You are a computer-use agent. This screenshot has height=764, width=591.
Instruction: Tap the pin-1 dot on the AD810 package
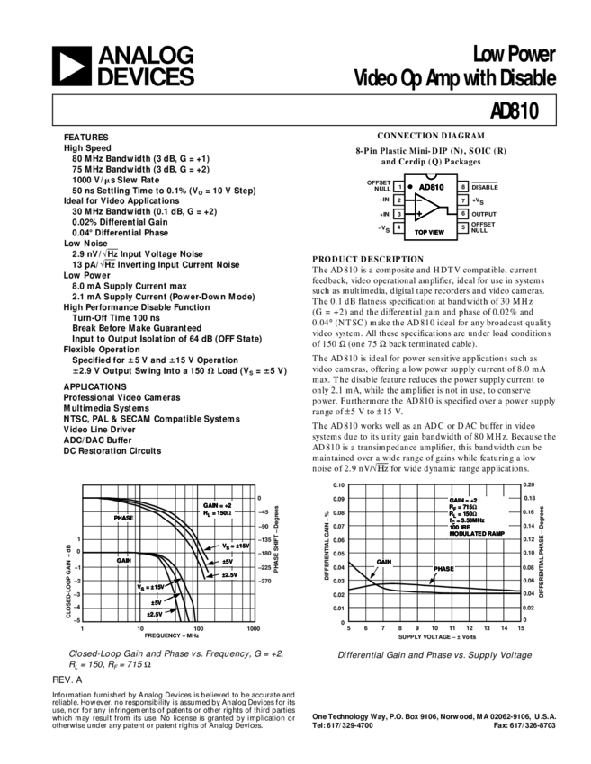[x=411, y=187]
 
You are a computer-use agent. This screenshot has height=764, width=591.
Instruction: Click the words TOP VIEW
[x=429, y=232]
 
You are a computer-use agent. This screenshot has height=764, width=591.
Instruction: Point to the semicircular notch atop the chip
[x=431, y=173]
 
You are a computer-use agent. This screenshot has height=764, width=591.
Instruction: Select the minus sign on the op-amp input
[x=419, y=200]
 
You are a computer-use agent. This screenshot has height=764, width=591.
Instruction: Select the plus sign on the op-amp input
[x=419, y=214]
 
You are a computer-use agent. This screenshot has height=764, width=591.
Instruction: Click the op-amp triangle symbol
[x=428, y=208]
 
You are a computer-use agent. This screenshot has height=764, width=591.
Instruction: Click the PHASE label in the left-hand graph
[x=121, y=519]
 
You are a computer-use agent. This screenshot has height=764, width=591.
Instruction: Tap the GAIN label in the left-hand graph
[x=123, y=561]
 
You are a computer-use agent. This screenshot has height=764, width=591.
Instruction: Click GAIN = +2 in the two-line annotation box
[x=217, y=505]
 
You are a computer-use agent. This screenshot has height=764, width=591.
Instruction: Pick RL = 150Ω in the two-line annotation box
[x=217, y=513]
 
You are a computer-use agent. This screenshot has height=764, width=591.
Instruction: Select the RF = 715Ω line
[x=464, y=507]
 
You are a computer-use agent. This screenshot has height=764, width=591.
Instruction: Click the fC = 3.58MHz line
[x=468, y=520]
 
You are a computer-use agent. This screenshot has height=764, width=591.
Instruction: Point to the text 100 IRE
[x=460, y=527]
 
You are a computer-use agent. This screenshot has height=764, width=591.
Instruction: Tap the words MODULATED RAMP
[x=477, y=534]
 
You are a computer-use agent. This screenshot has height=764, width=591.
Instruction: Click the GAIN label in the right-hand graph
[x=384, y=563]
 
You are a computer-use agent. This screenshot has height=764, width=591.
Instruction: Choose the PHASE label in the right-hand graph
[x=443, y=570]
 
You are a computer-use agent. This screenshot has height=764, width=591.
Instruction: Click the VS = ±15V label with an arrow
[x=150, y=587]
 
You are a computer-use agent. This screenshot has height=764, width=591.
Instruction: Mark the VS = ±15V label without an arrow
[x=235, y=546]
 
